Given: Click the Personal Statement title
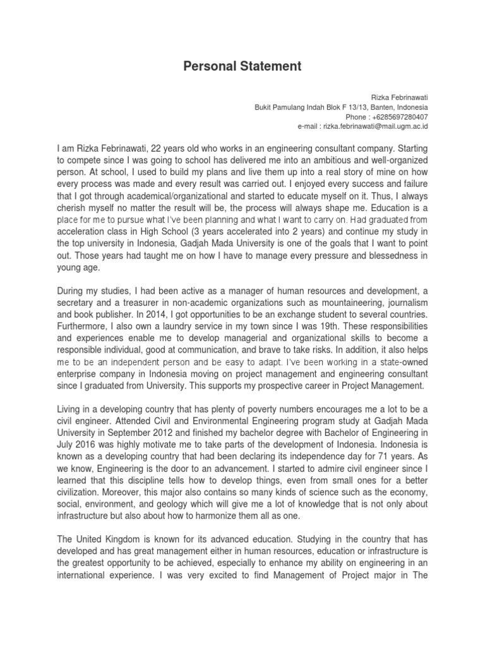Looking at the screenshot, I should [242, 66].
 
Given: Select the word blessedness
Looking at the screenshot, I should [392, 255].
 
